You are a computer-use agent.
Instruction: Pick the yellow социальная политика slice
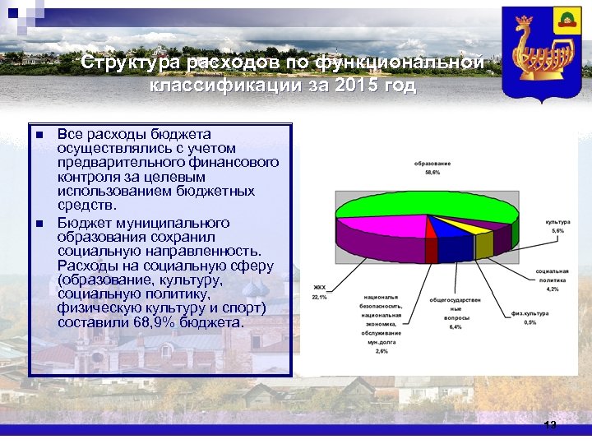(484, 244)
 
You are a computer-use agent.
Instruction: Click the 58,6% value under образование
(432, 173)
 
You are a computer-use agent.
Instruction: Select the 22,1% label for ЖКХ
(319, 297)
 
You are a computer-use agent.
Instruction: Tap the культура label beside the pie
(557, 222)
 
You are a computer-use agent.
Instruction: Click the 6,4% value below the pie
(455, 326)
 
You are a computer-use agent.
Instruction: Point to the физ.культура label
(530, 313)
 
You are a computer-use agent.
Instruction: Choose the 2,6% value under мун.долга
(382, 351)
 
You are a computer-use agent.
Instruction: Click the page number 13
(550, 425)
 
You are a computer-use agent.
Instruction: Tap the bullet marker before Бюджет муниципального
(39, 224)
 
